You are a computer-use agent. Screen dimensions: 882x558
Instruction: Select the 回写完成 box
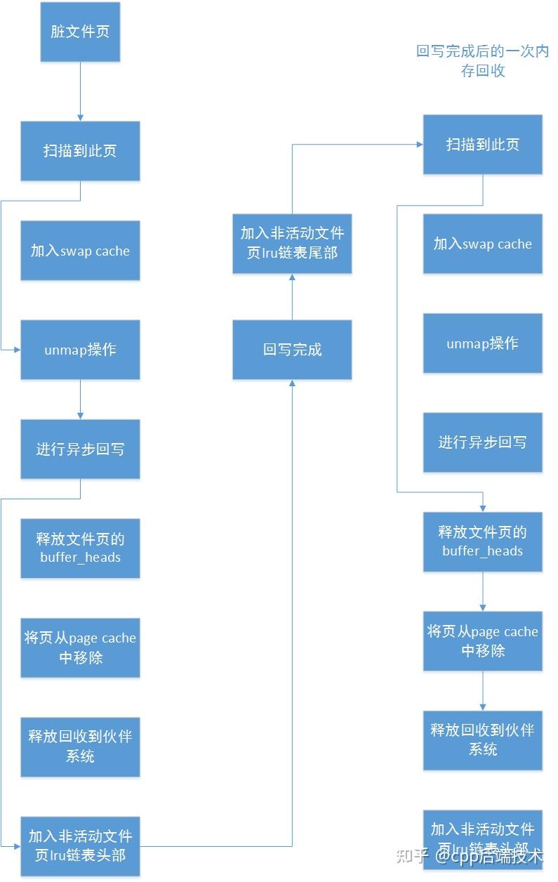tap(292, 350)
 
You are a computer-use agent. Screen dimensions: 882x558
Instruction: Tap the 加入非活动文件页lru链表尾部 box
tap(292, 243)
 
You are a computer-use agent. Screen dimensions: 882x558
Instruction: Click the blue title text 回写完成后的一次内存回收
tap(482, 61)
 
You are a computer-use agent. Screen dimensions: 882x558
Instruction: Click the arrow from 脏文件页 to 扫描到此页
tap(80, 91)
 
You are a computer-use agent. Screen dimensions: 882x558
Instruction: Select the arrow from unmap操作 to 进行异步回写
tap(80, 400)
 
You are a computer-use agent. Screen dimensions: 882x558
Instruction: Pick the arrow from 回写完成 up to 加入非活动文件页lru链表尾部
tap(292, 297)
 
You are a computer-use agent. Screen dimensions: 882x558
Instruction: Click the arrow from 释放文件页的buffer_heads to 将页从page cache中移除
tap(483, 591)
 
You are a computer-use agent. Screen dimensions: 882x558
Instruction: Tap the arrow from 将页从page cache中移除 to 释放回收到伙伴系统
tap(483, 691)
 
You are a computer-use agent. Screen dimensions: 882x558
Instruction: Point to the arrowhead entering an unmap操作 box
tap(16, 349)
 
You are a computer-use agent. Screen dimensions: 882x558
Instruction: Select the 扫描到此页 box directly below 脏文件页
tap(80, 150)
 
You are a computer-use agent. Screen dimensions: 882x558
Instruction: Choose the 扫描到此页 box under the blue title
tap(483, 145)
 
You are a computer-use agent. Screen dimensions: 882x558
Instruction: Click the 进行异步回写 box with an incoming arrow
tap(80, 449)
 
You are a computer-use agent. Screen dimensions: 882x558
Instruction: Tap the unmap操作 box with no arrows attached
tap(483, 343)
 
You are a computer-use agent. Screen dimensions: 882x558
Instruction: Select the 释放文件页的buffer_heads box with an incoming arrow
tap(483, 541)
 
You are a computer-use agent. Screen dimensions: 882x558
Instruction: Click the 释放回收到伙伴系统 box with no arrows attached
tap(80, 746)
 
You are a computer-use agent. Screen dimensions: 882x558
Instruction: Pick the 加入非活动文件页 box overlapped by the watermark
tap(483, 838)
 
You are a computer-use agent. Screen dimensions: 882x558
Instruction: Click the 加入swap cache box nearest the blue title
tap(483, 244)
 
